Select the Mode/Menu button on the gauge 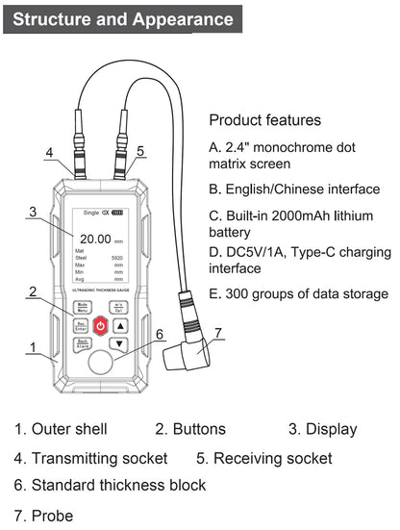[x=83, y=308]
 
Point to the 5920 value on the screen [x=116, y=259]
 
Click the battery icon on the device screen [x=120, y=213]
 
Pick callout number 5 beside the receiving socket [x=140, y=151]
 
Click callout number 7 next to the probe [x=218, y=334]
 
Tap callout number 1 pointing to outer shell [x=33, y=346]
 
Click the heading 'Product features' [x=264, y=121]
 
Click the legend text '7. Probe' [x=43, y=516]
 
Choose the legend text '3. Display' [x=322, y=429]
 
